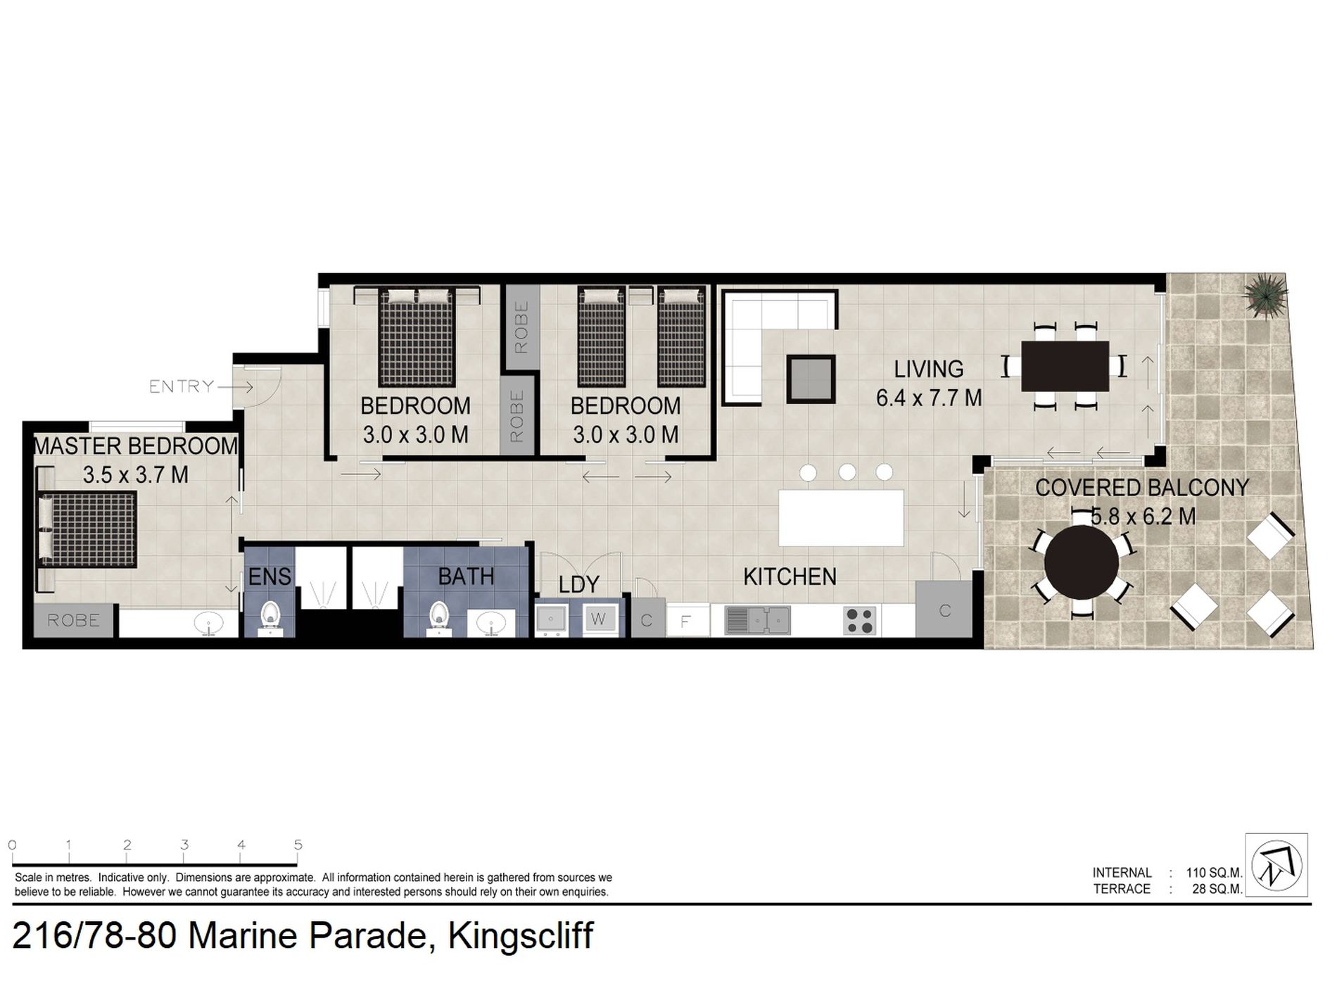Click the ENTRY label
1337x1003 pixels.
[182, 386]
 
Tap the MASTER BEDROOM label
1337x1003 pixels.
[136, 446]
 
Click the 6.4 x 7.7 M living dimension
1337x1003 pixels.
[929, 398]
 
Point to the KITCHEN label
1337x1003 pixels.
[790, 576]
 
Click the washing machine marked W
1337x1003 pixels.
[598, 619]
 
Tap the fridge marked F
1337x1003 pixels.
[685, 621]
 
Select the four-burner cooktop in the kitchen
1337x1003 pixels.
[859, 620]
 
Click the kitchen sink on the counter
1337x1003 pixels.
[757, 619]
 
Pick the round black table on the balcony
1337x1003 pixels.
[1081, 562]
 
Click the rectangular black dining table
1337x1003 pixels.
[1065, 366]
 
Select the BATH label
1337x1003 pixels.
[466, 576]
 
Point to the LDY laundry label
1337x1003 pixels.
[578, 584]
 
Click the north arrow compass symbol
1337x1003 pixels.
[1276, 864]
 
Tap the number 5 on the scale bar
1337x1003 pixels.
[298, 845]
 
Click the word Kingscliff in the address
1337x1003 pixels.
[521, 935]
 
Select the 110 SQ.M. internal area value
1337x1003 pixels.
[1215, 873]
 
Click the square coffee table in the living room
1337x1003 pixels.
[811, 379]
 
